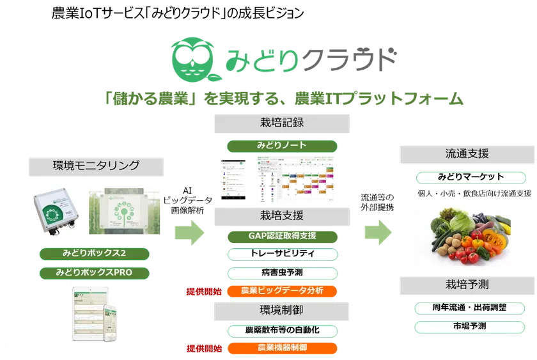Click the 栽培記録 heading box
[x=282, y=123]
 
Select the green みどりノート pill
[x=282, y=145]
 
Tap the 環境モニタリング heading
[x=97, y=166]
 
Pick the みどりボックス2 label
[x=95, y=253]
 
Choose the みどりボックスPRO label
[x=95, y=273]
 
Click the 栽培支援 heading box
[x=282, y=215]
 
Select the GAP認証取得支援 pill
[x=282, y=235]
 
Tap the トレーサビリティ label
[x=282, y=254]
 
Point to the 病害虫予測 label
[x=282, y=272]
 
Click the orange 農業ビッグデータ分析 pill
[x=282, y=291]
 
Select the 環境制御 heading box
[x=282, y=310]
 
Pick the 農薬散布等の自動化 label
[x=282, y=330]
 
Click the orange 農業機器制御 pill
[x=282, y=348]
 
